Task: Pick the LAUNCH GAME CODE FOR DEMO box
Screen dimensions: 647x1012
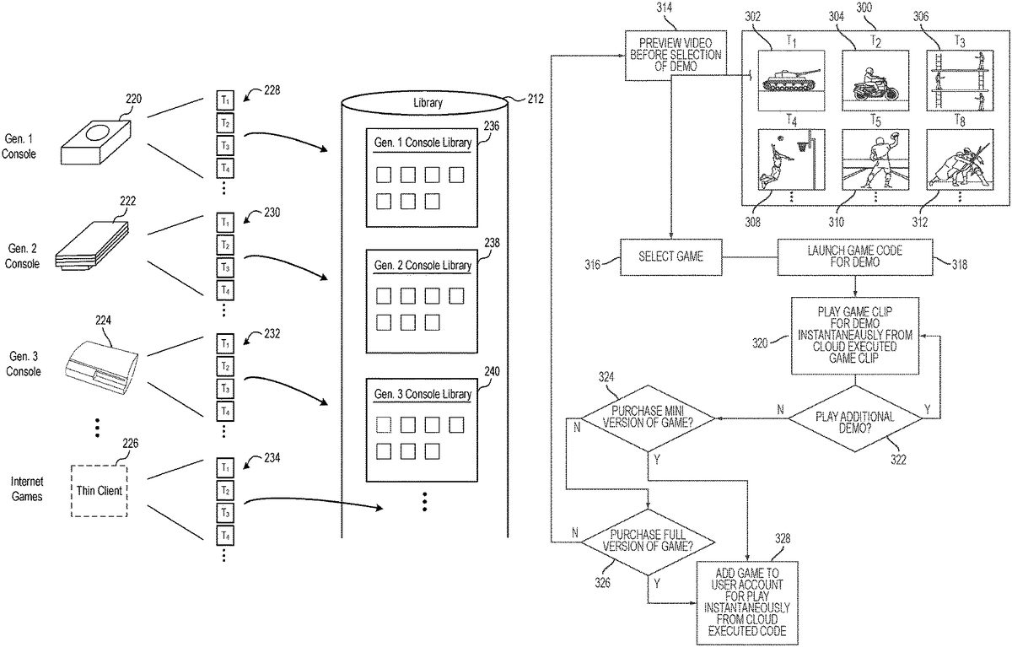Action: point(855,256)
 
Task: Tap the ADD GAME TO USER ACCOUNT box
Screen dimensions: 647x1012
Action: point(749,601)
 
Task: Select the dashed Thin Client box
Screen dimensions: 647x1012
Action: point(99,490)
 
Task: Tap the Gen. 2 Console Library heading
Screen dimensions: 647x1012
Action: point(423,265)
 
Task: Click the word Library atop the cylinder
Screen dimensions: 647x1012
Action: point(427,103)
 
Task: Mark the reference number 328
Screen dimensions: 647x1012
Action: point(783,538)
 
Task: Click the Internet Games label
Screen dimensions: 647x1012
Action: point(27,489)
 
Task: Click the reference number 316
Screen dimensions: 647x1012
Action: point(593,265)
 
